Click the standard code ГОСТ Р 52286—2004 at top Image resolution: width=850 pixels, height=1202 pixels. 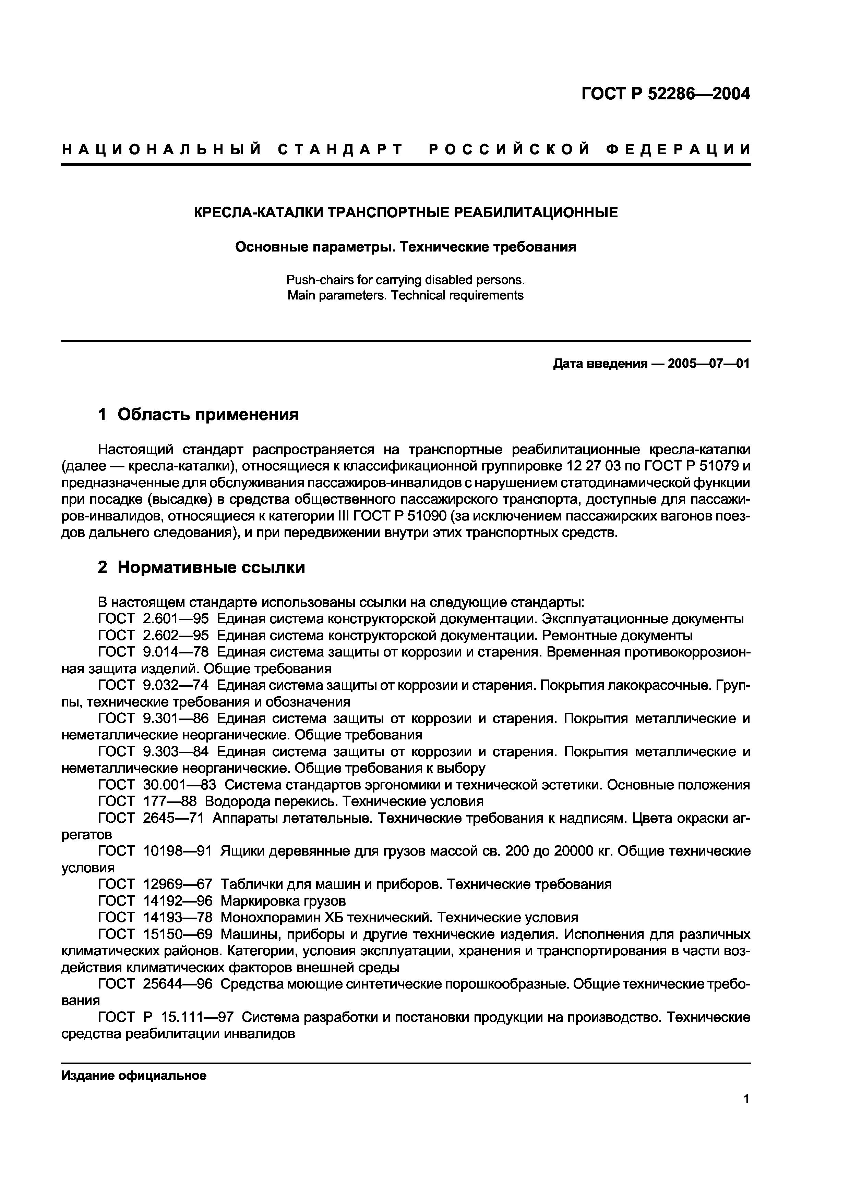666,95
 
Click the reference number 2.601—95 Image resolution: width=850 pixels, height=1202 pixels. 176,619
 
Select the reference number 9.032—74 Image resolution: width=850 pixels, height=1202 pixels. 176,685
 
